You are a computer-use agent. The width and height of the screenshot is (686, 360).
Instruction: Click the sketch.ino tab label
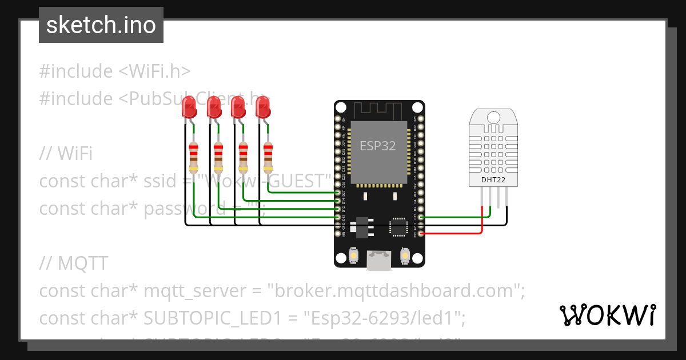pyautogui.click(x=101, y=25)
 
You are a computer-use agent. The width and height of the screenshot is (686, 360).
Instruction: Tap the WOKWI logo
pyautogui.click(x=608, y=315)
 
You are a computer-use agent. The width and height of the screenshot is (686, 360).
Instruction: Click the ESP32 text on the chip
pyautogui.click(x=377, y=146)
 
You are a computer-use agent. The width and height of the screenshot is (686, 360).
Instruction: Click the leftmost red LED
pyautogui.click(x=188, y=107)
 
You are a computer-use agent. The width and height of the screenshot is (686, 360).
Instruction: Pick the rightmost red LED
pyautogui.click(x=262, y=107)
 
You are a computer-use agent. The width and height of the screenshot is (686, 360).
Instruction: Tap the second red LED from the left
pyautogui.click(x=213, y=107)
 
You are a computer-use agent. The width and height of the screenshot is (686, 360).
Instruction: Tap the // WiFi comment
pyautogui.click(x=66, y=154)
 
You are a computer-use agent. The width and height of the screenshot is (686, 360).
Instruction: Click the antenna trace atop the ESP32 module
pyautogui.click(x=377, y=110)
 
